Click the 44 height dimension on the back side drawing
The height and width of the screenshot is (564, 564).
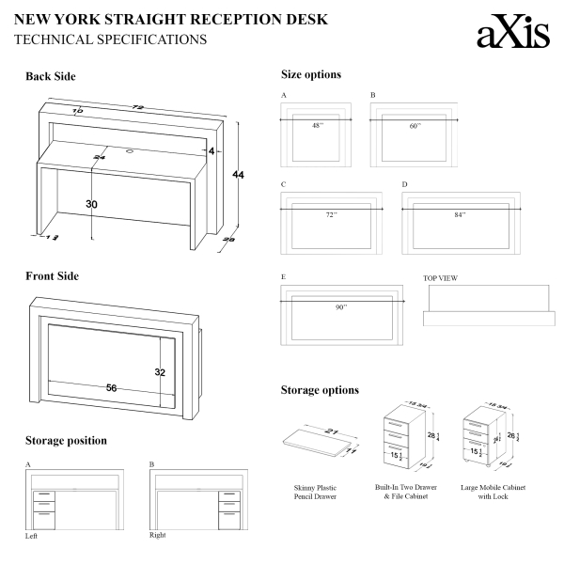click(238, 176)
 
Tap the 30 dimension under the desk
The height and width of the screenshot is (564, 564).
click(91, 204)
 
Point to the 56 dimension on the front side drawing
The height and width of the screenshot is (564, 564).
click(111, 387)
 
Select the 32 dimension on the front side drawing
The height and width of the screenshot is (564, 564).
click(160, 372)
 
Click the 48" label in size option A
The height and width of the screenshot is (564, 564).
click(318, 125)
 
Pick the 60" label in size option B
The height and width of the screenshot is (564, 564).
click(415, 125)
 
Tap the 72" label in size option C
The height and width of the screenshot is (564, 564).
click(331, 214)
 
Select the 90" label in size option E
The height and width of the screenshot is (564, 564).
click(341, 306)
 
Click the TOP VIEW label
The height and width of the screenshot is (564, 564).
click(441, 278)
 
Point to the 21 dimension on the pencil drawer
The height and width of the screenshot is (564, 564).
click(330, 431)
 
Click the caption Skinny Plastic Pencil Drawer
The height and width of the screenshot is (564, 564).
click(315, 492)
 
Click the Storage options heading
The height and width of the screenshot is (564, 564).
click(320, 390)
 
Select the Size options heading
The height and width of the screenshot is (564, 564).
click(311, 74)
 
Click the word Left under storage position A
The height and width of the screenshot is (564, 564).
click(33, 536)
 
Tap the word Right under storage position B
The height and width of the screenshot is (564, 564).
click(158, 535)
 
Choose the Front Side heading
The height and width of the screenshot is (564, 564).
click(53, 276)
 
